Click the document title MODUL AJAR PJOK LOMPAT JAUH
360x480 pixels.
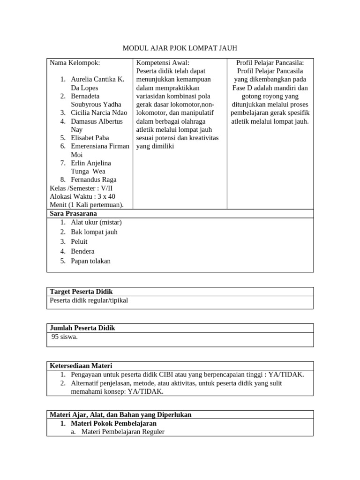pos(180,48)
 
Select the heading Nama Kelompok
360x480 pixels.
pos(75,63)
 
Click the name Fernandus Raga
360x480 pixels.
pos(94,180)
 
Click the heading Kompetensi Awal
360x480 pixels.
pos(163,63)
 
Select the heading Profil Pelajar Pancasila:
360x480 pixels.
pos(270,63)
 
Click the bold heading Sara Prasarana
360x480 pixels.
pos(73,213)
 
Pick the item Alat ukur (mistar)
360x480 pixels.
pos(96,222)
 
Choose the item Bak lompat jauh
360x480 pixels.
pos(94,232)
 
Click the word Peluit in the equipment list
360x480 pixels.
pos(79,241)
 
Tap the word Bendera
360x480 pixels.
pos(82,251)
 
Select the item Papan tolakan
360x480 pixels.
pos(91,261)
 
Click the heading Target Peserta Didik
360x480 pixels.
pos(81,292)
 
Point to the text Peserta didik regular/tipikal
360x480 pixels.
pos(89,300)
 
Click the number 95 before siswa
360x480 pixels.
pos(55,337)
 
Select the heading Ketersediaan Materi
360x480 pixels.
pos(81,366)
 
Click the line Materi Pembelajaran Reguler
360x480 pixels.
pos(123,432)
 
